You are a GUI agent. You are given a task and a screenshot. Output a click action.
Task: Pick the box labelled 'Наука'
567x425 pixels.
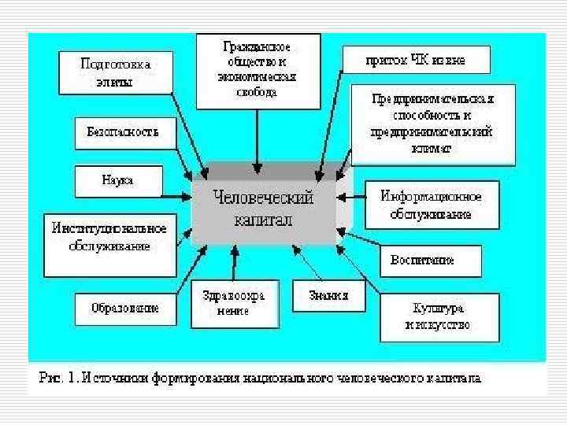117,181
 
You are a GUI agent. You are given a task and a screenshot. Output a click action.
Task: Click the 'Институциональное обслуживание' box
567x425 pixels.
109,237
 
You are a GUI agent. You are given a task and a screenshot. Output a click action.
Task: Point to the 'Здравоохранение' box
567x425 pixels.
234,303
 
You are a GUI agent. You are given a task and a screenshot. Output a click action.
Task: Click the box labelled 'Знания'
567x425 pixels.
322,297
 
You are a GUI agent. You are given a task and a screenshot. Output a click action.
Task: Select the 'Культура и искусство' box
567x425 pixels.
439,316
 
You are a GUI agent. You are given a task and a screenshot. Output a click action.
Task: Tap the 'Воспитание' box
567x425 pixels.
429,260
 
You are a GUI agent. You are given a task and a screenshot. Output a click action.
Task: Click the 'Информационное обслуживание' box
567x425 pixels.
431,204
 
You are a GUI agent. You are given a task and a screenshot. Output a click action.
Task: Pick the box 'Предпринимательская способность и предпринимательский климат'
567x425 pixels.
433,124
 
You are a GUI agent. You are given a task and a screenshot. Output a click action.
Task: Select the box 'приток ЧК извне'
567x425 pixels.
416,60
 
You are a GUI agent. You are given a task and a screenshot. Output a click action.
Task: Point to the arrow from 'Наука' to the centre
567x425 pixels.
177,194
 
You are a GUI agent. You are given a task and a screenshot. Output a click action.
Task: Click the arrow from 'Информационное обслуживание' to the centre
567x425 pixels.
351,198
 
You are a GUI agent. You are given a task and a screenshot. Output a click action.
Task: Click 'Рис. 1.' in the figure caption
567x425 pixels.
57,378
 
